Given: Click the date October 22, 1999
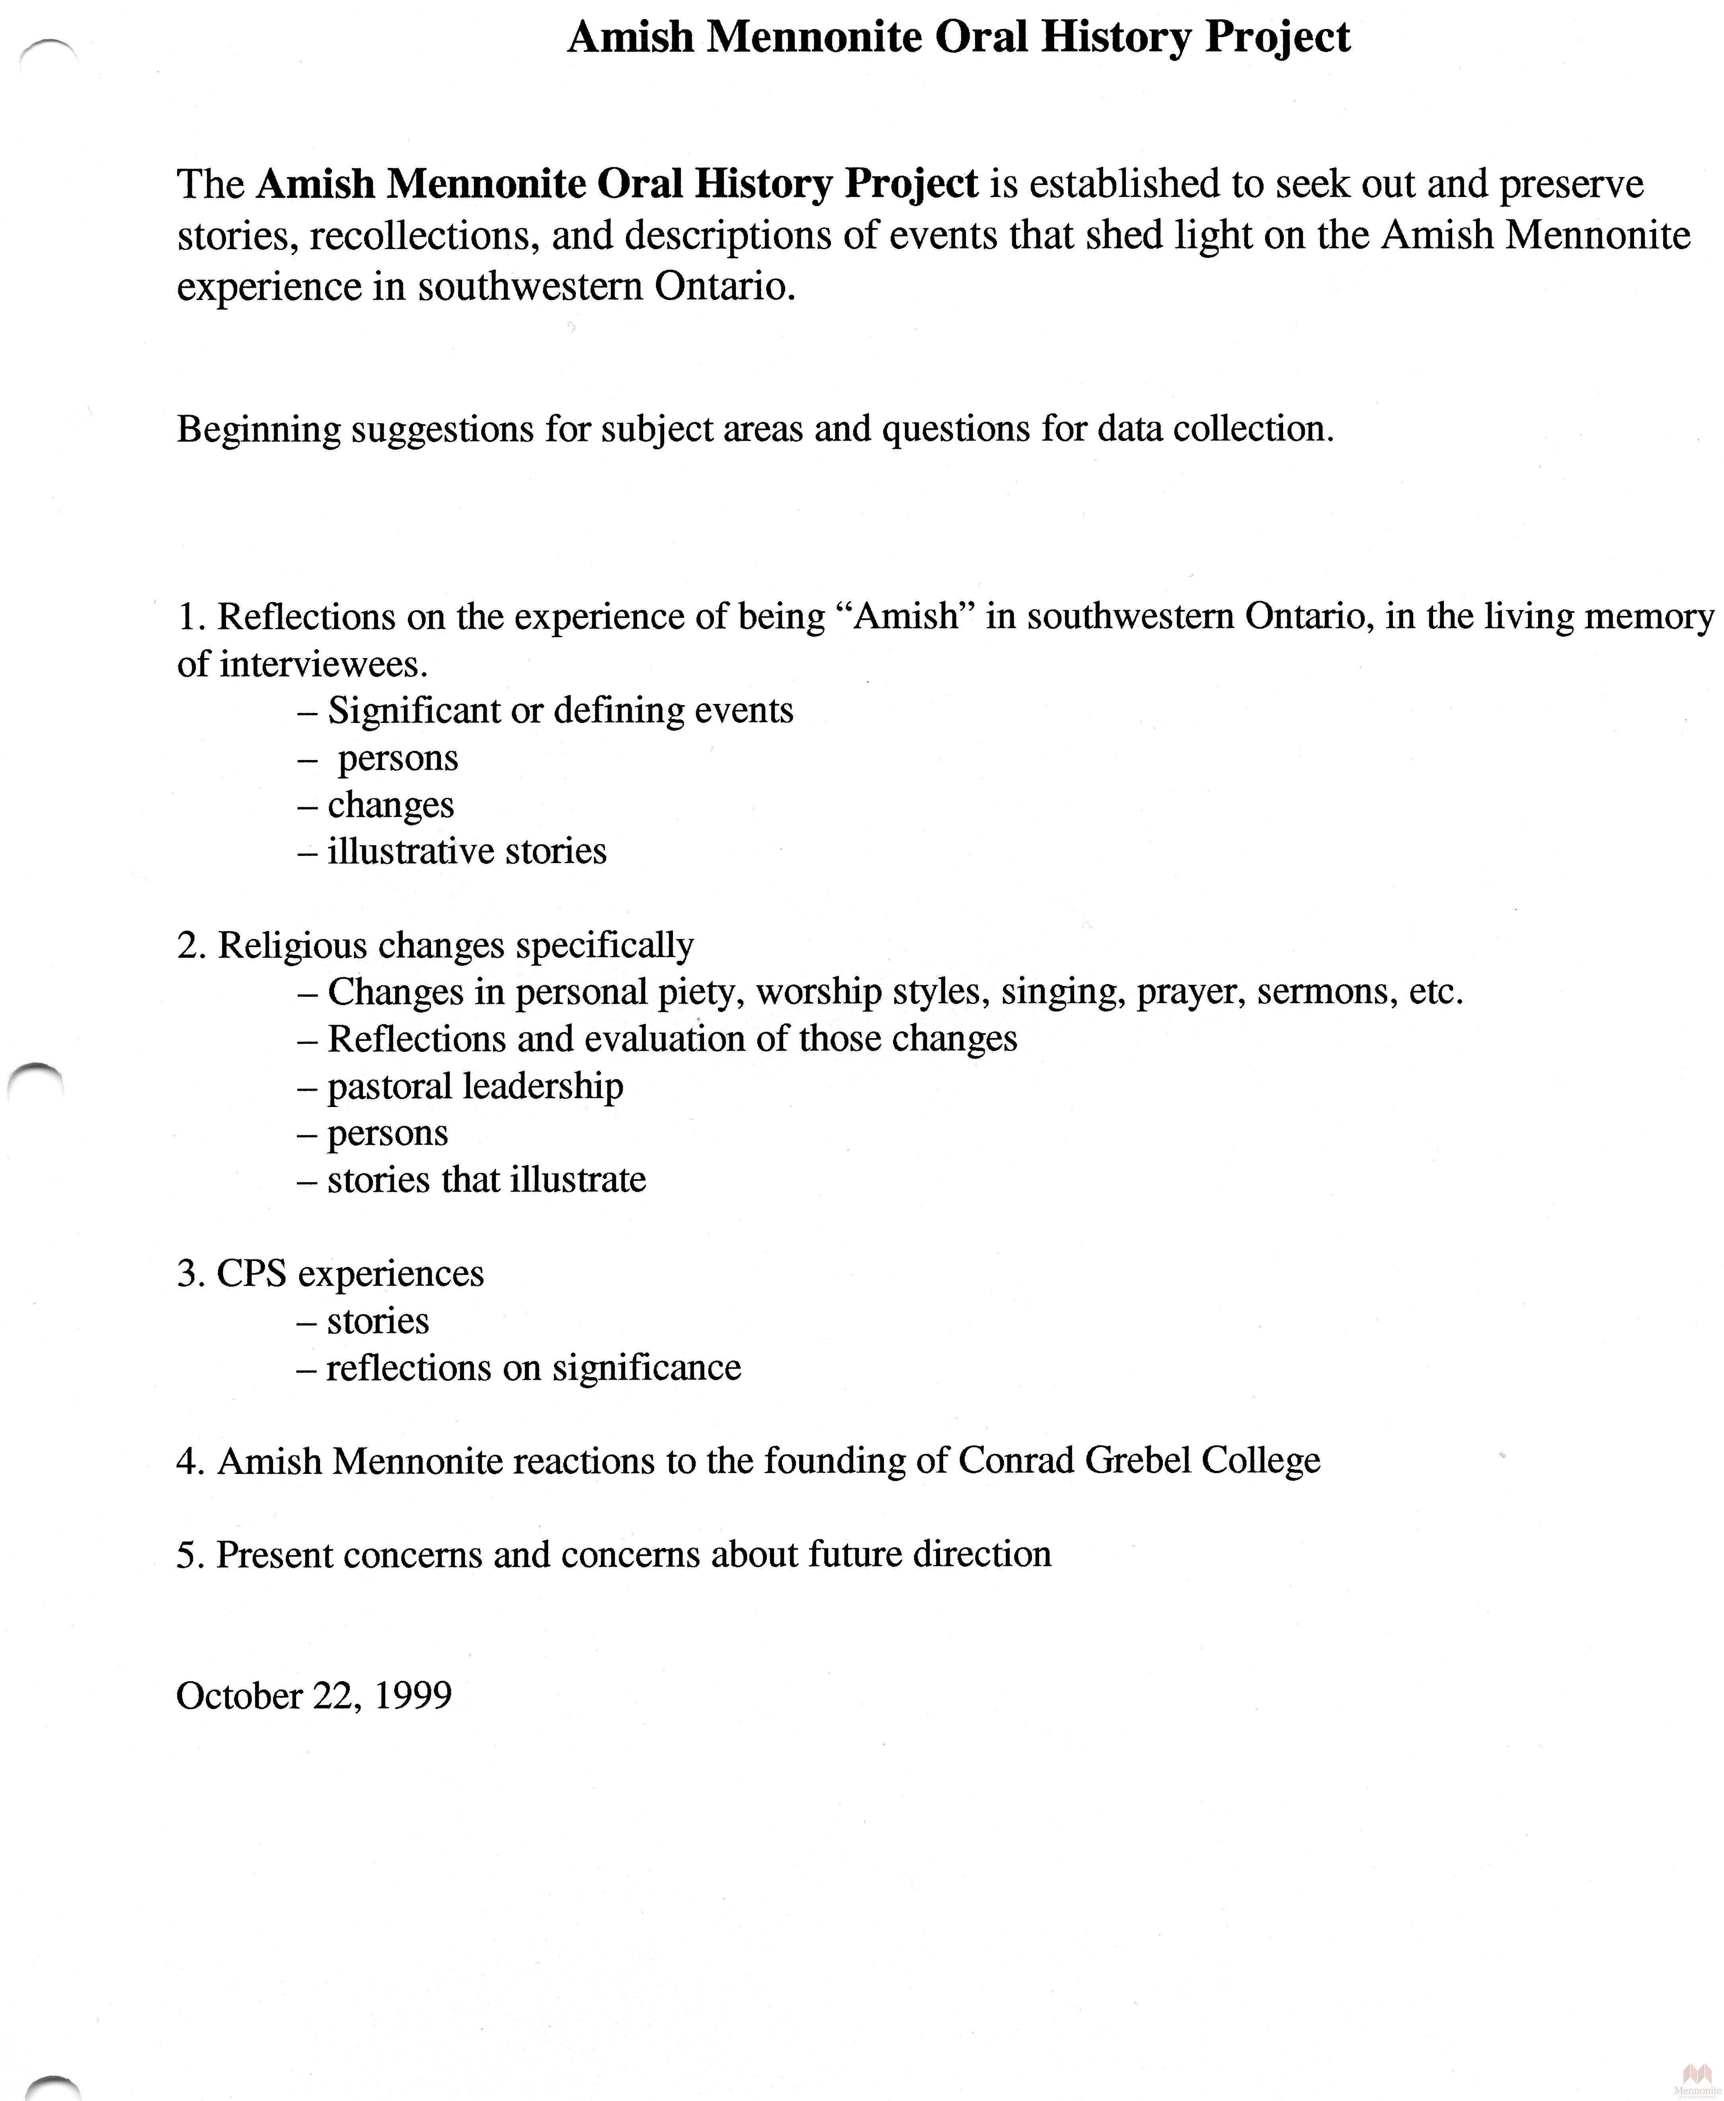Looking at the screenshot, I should pyautogui.click(x=314, y=1696).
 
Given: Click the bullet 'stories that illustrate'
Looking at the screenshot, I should pyautogui.click(x=486, y=1179).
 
